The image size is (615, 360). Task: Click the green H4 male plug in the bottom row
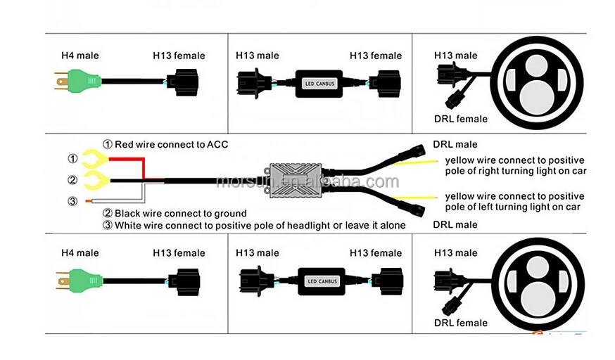tap(82, 281)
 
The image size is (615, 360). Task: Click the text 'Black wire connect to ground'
tap(179, 213)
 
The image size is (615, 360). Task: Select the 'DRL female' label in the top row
tap(461, 119)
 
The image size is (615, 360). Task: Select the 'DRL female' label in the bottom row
tap(461, 323)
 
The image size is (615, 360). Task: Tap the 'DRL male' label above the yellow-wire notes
tap(455, 144)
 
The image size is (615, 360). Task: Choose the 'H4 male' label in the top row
tap(80, 56)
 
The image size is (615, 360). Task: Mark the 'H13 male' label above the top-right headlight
tap(455, 56)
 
